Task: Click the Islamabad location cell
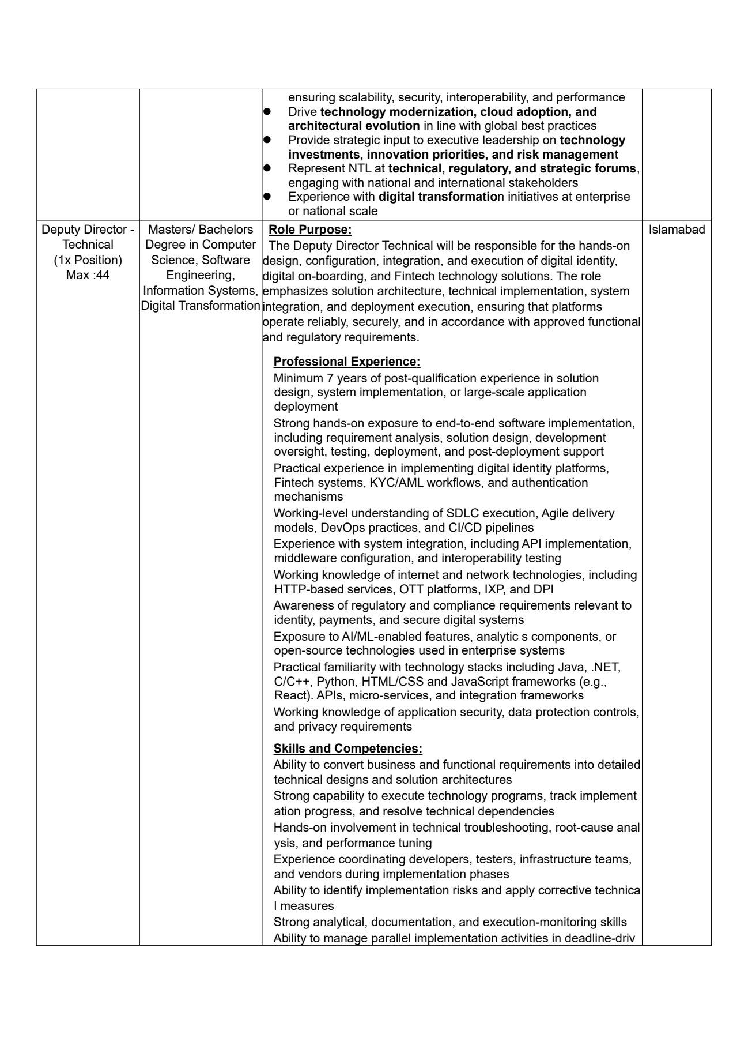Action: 677,230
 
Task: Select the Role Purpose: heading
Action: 310,230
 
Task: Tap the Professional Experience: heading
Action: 346,362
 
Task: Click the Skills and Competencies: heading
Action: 347,749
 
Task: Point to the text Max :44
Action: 88,275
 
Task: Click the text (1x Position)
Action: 88,260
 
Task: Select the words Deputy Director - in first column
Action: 88,230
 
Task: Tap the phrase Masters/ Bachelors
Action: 201,230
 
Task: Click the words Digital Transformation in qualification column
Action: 201,306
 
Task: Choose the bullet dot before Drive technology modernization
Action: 267,111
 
